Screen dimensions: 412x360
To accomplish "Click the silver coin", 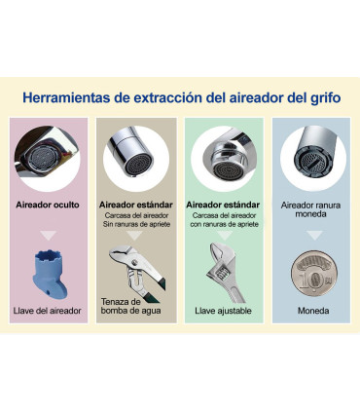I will pos(310,276).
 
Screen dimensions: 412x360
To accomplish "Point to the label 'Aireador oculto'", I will pos(49,206).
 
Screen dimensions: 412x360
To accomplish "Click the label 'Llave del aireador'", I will pos(49,312).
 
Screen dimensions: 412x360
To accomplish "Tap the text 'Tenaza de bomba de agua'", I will pos(126,308).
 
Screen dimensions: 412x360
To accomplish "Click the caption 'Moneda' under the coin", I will pos(311,312).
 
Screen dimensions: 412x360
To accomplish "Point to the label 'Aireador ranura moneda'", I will pos(311,210).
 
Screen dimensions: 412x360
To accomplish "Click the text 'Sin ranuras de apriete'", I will pos(137,225).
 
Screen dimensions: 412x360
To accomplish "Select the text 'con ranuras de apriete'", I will pos(225,225).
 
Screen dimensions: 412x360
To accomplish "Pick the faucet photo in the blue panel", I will pos(311,155).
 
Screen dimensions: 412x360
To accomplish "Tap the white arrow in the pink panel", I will pos(49,235).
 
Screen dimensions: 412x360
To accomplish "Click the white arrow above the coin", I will pos(311,237).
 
